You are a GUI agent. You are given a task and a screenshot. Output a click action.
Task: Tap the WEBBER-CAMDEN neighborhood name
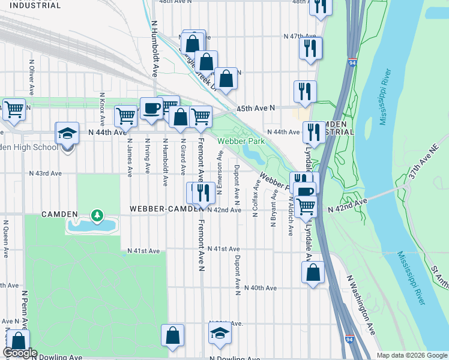[167, 209]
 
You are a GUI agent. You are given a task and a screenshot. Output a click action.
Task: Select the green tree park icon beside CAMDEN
[96, 214]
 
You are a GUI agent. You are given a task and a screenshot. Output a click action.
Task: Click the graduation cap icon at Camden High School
[67, 134]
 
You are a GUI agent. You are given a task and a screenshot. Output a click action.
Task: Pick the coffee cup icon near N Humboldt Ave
[151, 109]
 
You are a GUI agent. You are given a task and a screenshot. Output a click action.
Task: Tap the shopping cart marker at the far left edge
[13, 110]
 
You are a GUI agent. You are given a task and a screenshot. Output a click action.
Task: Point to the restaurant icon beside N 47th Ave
[310, 49]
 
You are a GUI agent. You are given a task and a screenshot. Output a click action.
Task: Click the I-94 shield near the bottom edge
[349, 340]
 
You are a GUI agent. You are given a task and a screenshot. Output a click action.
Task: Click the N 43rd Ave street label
[46, 173]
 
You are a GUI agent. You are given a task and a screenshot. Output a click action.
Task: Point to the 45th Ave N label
[256, 108]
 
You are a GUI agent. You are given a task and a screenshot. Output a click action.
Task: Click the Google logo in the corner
[20, 353]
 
